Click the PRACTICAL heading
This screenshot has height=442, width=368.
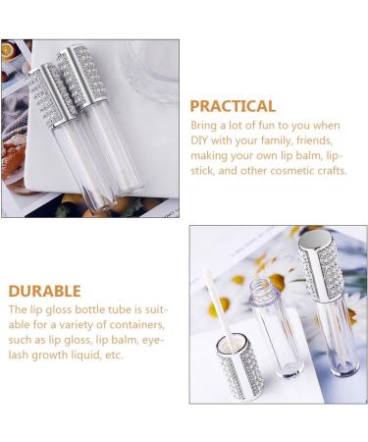(233, 106)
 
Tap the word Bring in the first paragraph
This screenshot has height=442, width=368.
(206, 126)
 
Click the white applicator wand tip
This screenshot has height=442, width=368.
(209, 286)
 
